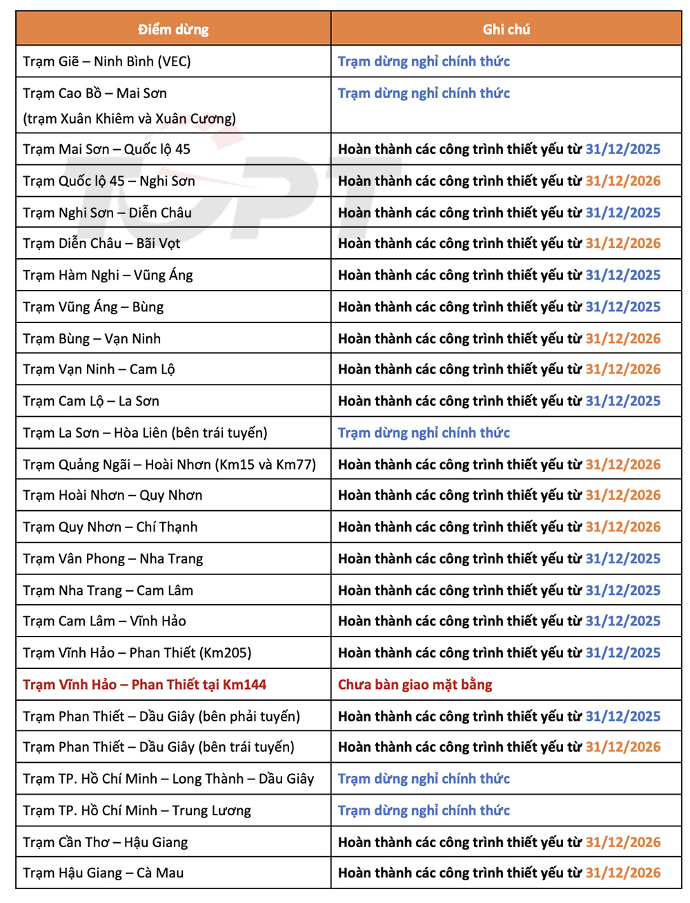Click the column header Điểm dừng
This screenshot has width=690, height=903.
pos(172,29)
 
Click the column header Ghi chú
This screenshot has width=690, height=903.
pos(506,29)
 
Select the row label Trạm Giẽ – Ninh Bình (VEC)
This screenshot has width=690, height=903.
pos(107,61)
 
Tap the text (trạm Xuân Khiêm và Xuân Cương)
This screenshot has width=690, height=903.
pos(129,118)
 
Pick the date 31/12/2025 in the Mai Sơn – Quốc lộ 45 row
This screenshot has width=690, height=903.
pos(622,149)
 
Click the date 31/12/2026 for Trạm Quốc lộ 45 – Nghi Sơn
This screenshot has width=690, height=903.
pos(622,181)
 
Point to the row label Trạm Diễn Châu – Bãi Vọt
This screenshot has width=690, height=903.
pos(101,243)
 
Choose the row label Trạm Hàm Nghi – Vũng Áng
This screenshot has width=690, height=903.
pos(108,275)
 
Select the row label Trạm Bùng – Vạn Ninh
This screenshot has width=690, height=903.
pos(92,338)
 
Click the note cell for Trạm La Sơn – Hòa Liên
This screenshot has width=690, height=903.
pos(424,433)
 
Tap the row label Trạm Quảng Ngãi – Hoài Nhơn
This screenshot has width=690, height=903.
pos(169,465)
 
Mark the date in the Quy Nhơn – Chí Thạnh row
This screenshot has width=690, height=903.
pos(622,527)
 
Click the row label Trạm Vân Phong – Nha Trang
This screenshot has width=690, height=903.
pos(112,559)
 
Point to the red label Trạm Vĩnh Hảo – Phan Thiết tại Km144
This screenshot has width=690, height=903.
pos(144,685)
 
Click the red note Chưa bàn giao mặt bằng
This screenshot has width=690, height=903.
pos(415,685)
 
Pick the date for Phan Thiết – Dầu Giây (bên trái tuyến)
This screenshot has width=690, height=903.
pos(622,747)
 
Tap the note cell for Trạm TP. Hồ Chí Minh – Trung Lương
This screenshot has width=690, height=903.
pos(424,810)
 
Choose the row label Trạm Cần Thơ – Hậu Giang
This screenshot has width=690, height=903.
pos(105,842)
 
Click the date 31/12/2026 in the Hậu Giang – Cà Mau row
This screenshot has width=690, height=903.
pos(622,873)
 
